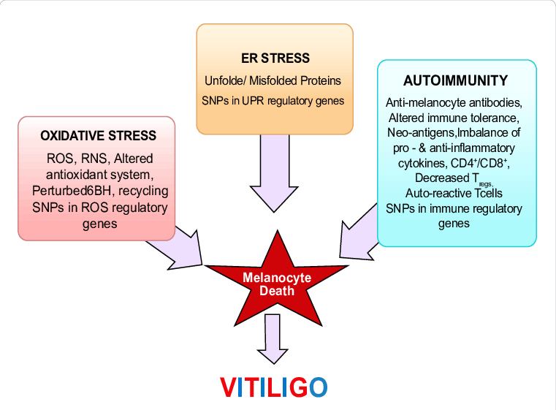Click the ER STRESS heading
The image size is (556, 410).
[275, 58]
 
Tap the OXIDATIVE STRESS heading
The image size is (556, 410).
[98, 135]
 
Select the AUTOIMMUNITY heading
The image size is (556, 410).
[456, 80]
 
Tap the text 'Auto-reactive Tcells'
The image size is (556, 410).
[454, 193]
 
